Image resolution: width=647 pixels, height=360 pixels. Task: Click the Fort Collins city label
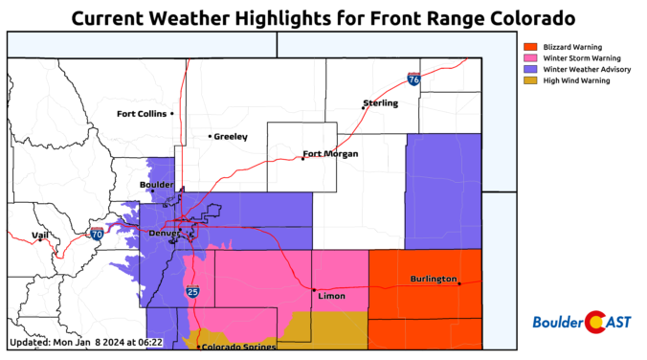(142, 114)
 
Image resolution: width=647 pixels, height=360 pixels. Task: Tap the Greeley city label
(231, 137)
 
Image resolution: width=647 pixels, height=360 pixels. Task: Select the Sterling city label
(380, 102)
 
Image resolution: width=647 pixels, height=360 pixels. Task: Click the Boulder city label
(156, 185)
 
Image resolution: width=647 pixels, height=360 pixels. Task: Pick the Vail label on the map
(39, 235)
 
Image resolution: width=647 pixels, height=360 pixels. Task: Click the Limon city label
(330, 298)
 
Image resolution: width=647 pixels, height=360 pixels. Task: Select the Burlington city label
(433, 279)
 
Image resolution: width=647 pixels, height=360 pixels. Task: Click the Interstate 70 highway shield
(97, 234)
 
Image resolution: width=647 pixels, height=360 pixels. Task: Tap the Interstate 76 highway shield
(413, 81)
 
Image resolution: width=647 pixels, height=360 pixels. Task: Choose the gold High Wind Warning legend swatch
(530, 81)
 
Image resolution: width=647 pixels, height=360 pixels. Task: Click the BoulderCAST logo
(580, 323)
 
